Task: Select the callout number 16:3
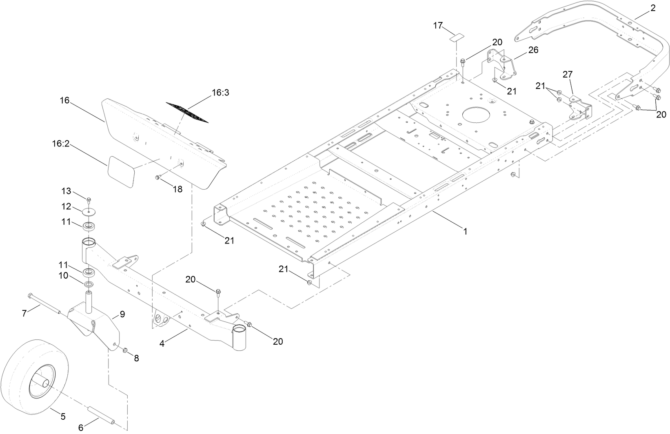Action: [220, 93]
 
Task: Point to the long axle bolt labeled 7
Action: [44, 304]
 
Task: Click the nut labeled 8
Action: [125, 350]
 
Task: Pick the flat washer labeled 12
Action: [88, 212]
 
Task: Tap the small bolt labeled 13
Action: [89, 199]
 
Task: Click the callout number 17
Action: [438, 26]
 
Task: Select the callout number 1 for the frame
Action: [465, 231]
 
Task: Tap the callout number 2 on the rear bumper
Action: [652, 8]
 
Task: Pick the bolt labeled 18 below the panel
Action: [158, 177]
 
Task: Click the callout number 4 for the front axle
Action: [162, 343]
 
